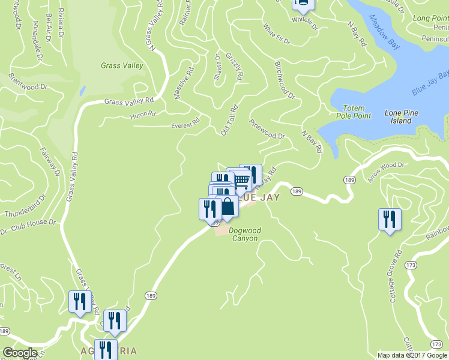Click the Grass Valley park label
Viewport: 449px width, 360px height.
[x=122, y=66]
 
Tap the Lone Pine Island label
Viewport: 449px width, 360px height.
[x=402, y=117]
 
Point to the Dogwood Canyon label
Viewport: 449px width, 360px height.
[x=244, y=234]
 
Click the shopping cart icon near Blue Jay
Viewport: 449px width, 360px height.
[x=240, y=179]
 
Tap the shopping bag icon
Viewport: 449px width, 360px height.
[x=228, y=206]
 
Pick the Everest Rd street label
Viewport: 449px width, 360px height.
[x=184, y=124]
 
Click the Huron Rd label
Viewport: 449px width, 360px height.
[x=143, y=114]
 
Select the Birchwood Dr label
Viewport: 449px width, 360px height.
[x=285, y=80]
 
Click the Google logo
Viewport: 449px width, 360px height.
[x=19, y=353]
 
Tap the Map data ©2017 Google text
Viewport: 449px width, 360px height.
[x=412, y=355]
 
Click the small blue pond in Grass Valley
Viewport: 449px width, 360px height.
[x=82, y=91]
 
